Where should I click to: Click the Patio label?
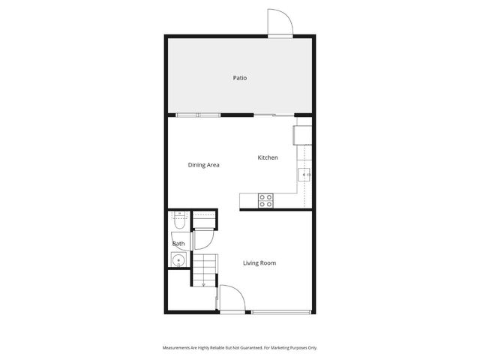[x=239, y=78]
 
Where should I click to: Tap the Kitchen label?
[x=268, y=157]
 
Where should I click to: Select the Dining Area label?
[x=203, y=165]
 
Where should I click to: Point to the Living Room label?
[x=259, y=263]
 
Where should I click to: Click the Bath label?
[x=178, y=244]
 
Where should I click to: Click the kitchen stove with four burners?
[x=265, y=200]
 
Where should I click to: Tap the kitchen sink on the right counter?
[x=305, y=175]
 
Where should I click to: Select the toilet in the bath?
[x=178, y=221]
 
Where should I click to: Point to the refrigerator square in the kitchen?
[x=302, y=135]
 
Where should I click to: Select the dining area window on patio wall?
[x=198, y=115]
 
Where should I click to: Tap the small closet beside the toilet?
[x=203, y=219]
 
